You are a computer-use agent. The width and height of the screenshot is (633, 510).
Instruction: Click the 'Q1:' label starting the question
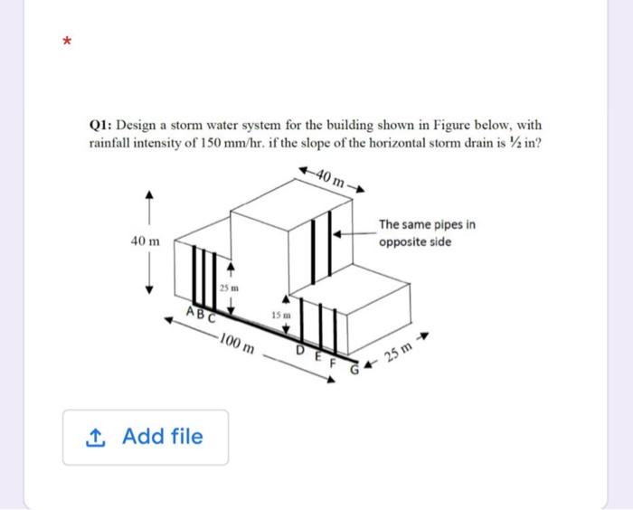pos(100,126)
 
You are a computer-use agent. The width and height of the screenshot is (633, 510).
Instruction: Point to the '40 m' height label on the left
pos(145,242)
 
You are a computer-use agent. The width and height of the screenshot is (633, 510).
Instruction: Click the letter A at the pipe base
pos(190,311)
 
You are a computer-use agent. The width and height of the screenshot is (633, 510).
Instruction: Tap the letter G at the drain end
pos(368,369)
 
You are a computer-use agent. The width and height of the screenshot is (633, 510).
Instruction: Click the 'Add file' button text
pos(162,437)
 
